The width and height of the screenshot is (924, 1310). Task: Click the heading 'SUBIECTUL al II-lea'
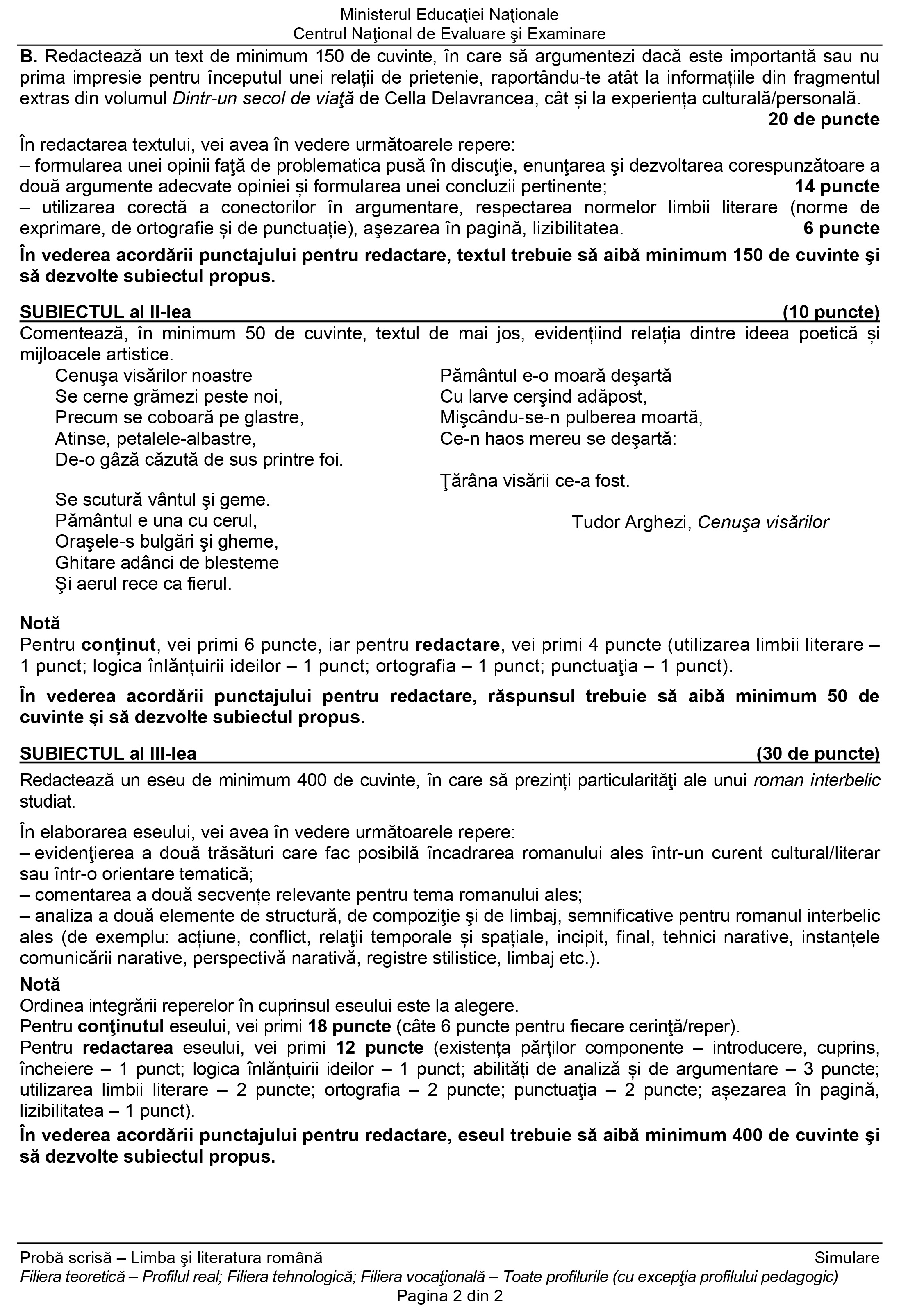pyautogui.click(x=106, y=312)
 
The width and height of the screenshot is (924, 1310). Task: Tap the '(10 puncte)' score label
pyautogui.click(x=831, y=312)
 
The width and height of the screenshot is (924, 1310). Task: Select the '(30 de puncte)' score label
pyautogui.click(x=818, y=754)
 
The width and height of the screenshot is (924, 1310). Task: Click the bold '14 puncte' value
pyautogui.click(x=837, y=187)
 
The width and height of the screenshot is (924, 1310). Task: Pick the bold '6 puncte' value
pyautogui.click(x=841, y=228)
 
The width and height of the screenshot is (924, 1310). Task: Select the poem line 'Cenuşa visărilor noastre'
pyautogui.click(x=154, y=376)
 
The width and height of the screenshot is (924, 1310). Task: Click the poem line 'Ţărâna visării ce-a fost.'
pyautogui.click(x=535, y=481)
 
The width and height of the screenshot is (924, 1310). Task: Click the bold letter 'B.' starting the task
pyautogui.click(x=29, y=57)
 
